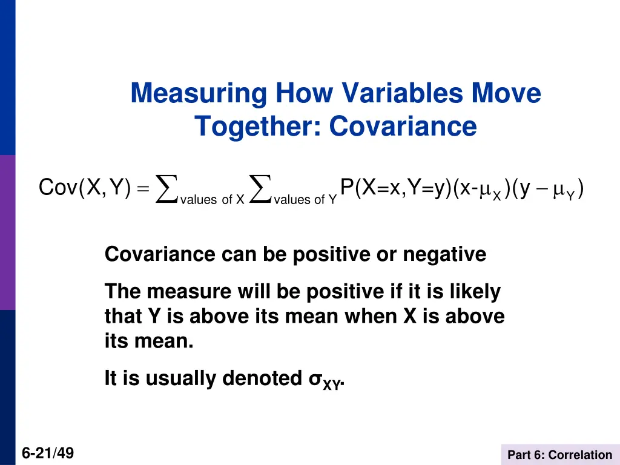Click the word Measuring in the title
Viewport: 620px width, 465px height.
[x=199, y=94]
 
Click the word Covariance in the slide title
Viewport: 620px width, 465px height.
[x=403, y=126]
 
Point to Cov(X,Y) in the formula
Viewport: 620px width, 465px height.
[x=85, y=188]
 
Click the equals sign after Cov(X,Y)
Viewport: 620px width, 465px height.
[x=142, y=190]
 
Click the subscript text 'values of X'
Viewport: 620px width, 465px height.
[x=212, y=200]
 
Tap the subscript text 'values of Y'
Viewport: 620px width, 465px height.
[x=305, y=200]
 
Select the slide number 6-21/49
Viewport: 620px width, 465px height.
[x=48, y=452]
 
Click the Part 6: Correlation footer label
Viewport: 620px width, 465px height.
[x=559, y=455]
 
